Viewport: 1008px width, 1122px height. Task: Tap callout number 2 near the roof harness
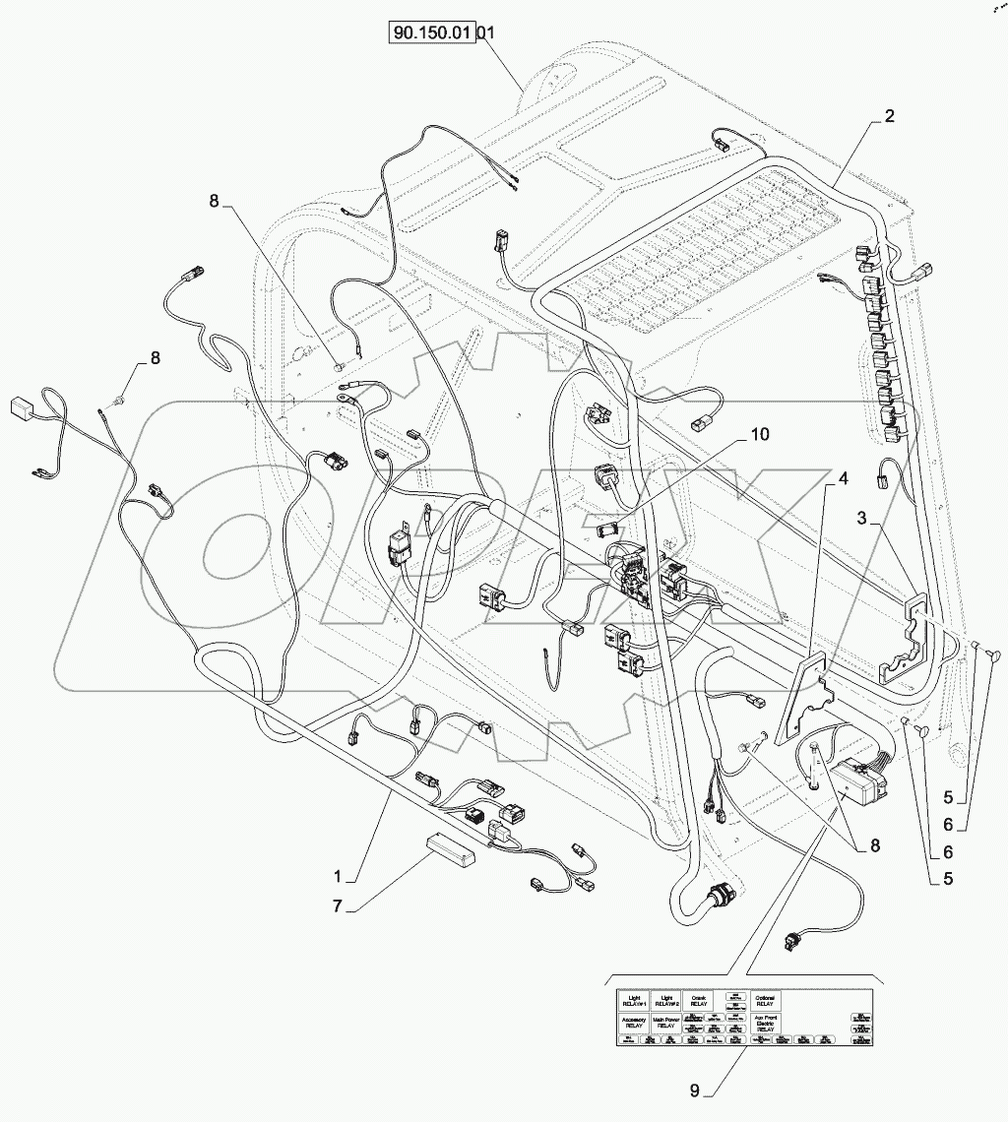(x=889, y=116)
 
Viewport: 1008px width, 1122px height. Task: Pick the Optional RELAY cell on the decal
(x=764, y=1000)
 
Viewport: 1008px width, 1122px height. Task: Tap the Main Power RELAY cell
(x=664, y=1022)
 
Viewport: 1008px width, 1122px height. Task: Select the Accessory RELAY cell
(x=632, y=1022)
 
